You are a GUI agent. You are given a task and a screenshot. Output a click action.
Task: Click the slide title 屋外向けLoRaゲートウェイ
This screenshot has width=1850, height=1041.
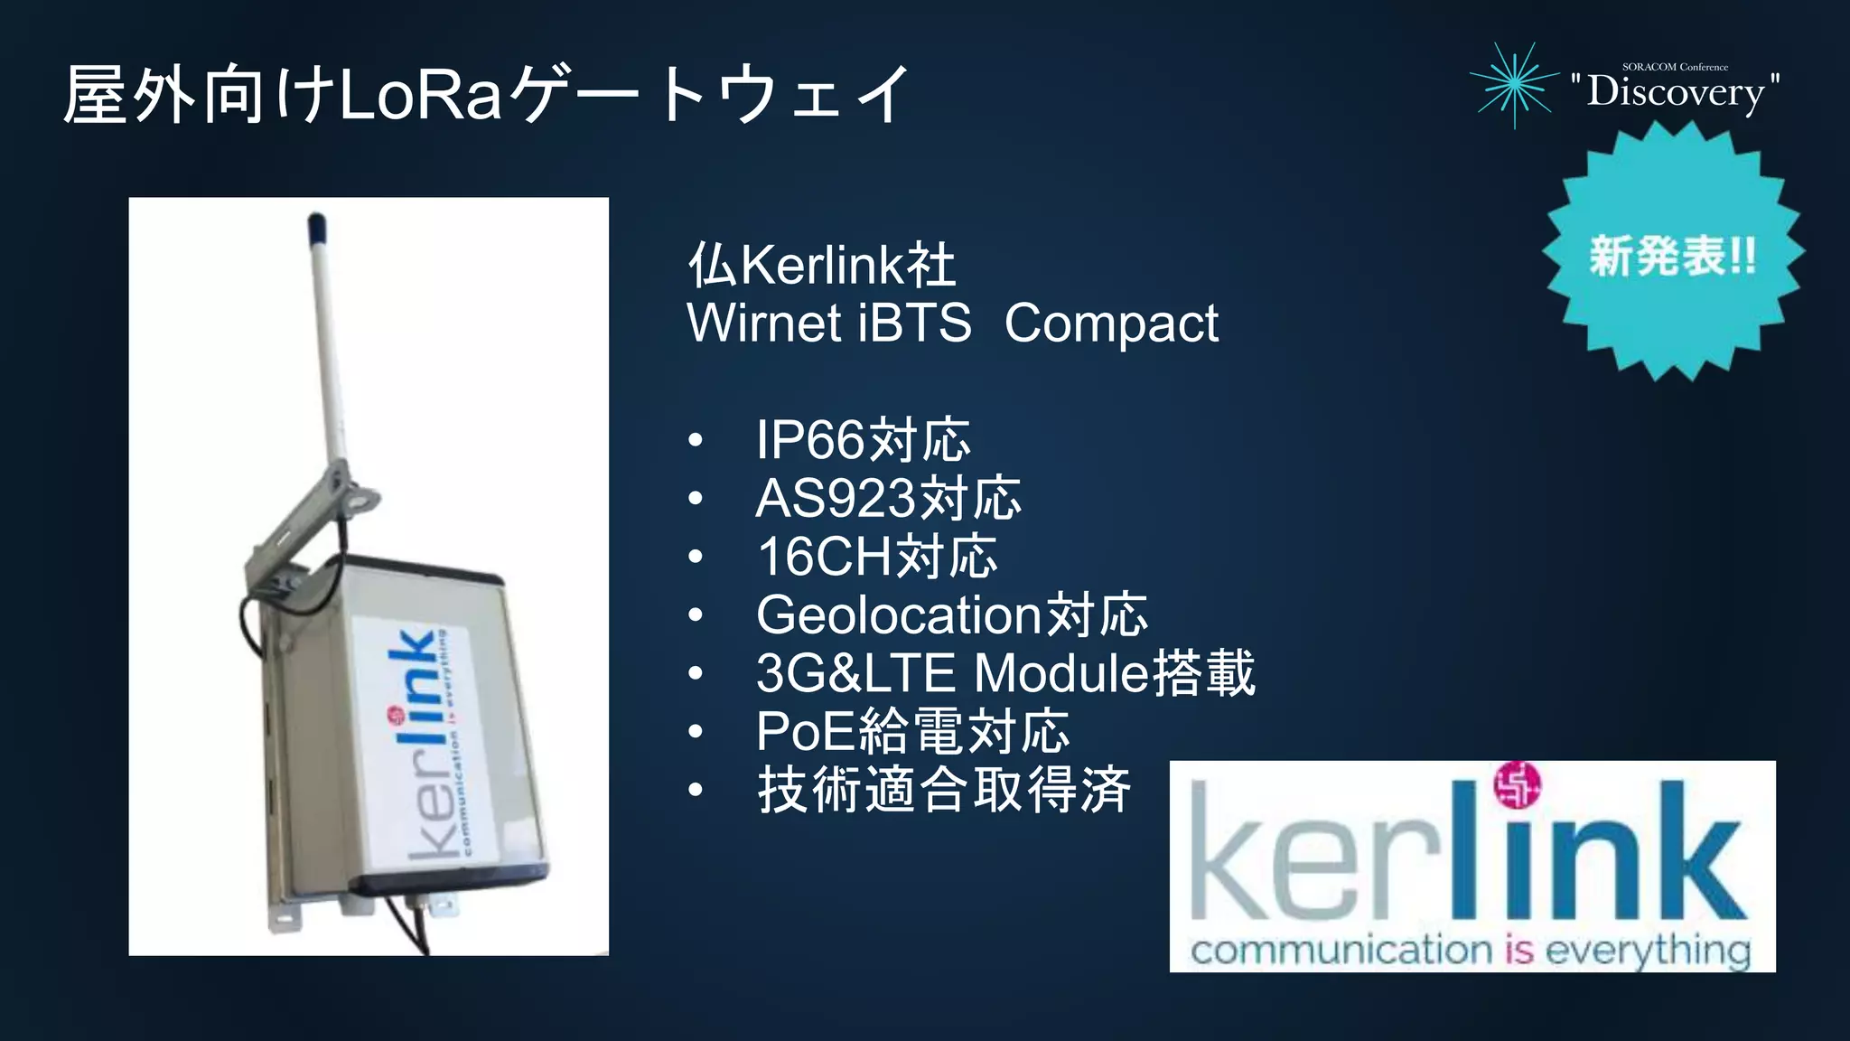pos(486,94)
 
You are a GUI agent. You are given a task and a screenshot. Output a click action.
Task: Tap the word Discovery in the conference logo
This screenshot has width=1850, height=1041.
pos(1675,92)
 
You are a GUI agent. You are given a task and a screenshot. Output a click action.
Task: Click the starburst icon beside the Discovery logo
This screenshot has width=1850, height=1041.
pos(1515,85)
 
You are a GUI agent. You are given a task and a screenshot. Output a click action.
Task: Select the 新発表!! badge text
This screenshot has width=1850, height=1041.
pos(1672,256)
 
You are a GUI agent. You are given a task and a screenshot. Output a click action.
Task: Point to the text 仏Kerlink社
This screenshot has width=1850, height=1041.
pos(820,265)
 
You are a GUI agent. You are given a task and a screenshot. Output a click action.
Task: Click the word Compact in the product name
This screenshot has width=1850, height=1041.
pos(1111,324)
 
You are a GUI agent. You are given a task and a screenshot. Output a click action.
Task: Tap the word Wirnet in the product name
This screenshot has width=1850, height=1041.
pos(763,324)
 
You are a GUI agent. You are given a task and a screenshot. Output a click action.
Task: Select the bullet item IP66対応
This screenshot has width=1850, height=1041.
pos(863,440)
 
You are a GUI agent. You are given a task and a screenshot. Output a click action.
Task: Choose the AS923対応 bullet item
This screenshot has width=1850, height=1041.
pos(888,499)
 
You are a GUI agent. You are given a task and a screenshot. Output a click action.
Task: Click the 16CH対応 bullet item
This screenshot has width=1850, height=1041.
pos(876,557)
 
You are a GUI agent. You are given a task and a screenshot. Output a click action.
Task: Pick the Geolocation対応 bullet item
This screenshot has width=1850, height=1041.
pos(951,615)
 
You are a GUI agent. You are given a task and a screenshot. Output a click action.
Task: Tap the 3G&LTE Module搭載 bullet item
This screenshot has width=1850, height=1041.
pos(1004,673)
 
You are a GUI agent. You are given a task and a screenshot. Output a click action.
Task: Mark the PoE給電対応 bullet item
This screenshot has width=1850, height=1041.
pos(912,732)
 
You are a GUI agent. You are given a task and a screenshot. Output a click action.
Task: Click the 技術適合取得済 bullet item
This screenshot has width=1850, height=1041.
pos(943,790)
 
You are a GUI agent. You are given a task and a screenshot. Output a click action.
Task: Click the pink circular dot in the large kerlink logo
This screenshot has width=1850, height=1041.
pos(1517,784)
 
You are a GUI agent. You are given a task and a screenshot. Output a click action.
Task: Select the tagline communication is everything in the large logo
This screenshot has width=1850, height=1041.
pos(1471,951)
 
